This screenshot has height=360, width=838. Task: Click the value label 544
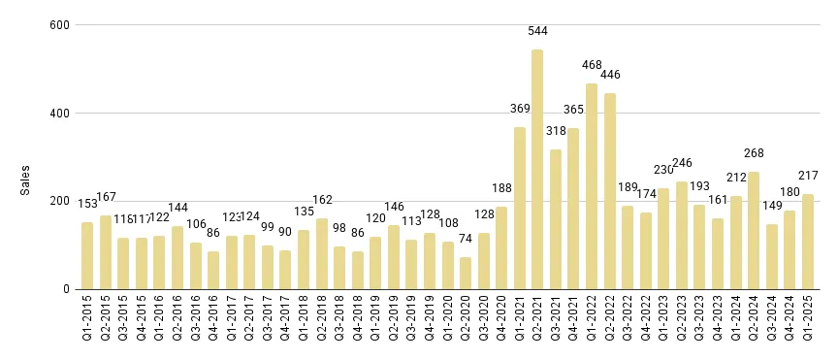pos(537,31)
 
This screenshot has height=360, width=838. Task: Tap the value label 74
pos(466,239)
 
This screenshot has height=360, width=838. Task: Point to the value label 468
pos(591,65)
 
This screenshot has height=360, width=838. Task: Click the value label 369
pos(520,109)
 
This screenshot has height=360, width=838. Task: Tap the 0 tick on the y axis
pos(65,289)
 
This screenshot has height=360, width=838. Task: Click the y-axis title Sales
pos(26,180)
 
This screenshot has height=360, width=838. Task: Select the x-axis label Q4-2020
pos(501,321)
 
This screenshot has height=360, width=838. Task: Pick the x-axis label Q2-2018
pos(322,321)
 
